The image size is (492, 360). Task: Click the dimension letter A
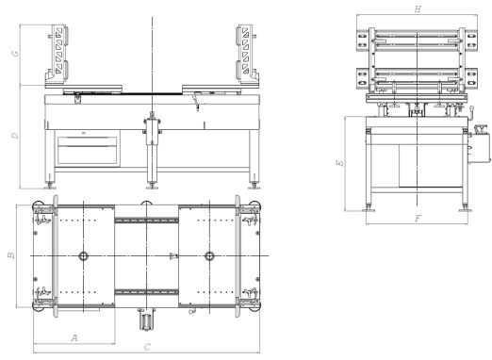[x=74, y=337]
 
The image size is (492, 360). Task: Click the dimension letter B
[x=11, y=254]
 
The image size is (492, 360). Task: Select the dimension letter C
[x=147, y=347]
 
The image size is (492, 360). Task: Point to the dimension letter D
[x=15, y=136]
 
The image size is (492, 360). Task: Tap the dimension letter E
[x=340, y=163]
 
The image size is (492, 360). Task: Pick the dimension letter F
[x=418, y=218]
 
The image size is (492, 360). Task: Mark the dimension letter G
[x=15, y=54]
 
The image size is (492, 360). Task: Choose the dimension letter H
[x=418, y=9]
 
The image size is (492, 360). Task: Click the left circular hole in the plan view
[x=84, y=256]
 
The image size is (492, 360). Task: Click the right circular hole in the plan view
[x=209, y=256]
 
